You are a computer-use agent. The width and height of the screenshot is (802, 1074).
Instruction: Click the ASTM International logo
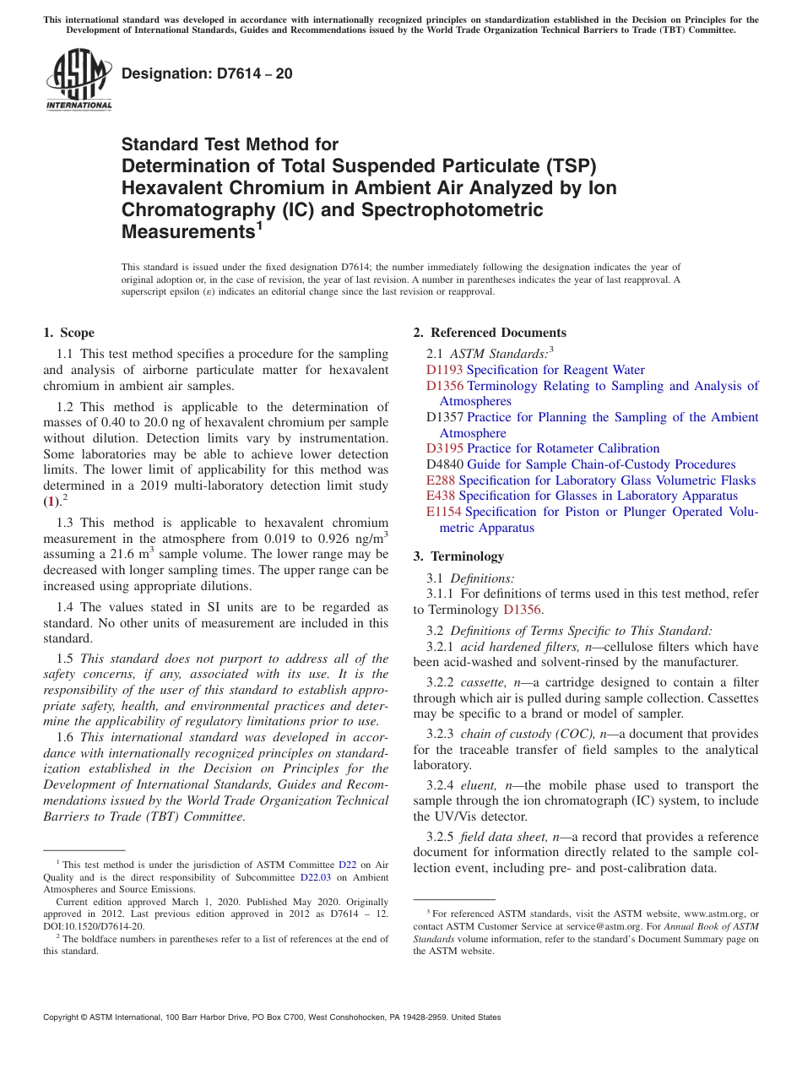(x=79, y=79)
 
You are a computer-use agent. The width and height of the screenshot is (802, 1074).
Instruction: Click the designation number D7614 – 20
(x=207, y=73)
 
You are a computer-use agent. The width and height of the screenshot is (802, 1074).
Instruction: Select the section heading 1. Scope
(x=68, y=333)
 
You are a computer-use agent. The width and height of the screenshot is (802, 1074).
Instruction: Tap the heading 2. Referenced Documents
(x=490, y=333)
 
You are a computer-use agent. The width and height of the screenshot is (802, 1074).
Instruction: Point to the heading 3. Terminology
(x=458, y=556)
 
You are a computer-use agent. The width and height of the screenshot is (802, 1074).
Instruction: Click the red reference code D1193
(x=444, y=370)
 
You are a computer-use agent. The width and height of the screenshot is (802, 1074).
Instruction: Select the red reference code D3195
(x=444, y=448)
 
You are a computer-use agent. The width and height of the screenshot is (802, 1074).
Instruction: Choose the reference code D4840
(x=445, y=464)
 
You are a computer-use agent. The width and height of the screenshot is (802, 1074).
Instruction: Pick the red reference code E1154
(x=444, y=512)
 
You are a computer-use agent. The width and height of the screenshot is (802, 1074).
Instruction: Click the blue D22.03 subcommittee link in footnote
(x=312, y=877)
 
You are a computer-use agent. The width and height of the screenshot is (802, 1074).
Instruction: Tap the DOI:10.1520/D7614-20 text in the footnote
(x=94, y=925)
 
